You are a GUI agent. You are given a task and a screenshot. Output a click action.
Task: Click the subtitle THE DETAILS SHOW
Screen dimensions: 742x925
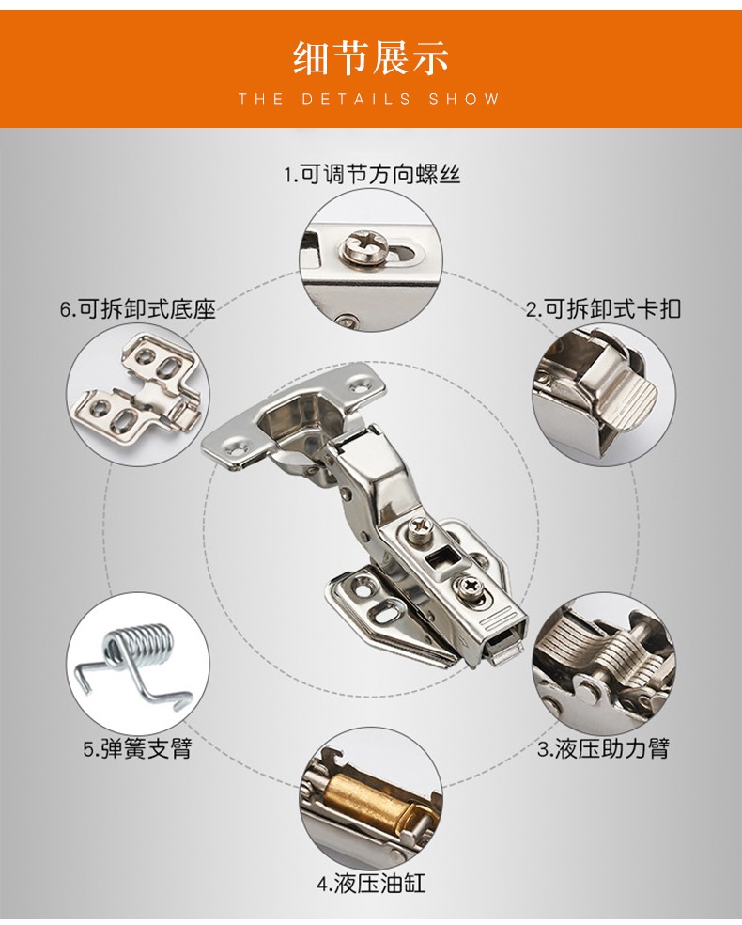pos(369,99)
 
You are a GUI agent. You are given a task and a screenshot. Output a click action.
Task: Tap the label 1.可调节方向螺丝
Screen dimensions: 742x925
pos(372,174)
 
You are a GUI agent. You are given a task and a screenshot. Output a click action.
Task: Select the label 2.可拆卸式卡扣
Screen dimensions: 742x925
pos(603,308)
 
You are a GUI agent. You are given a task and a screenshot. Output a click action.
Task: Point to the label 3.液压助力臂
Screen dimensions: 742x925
pos(603,748)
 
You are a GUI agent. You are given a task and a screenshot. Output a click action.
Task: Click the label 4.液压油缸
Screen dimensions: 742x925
pos(371,884)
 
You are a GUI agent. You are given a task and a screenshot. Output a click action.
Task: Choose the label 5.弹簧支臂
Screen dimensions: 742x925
pos(137,748)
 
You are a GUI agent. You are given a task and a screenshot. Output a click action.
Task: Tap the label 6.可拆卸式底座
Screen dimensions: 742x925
pos(138,308)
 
